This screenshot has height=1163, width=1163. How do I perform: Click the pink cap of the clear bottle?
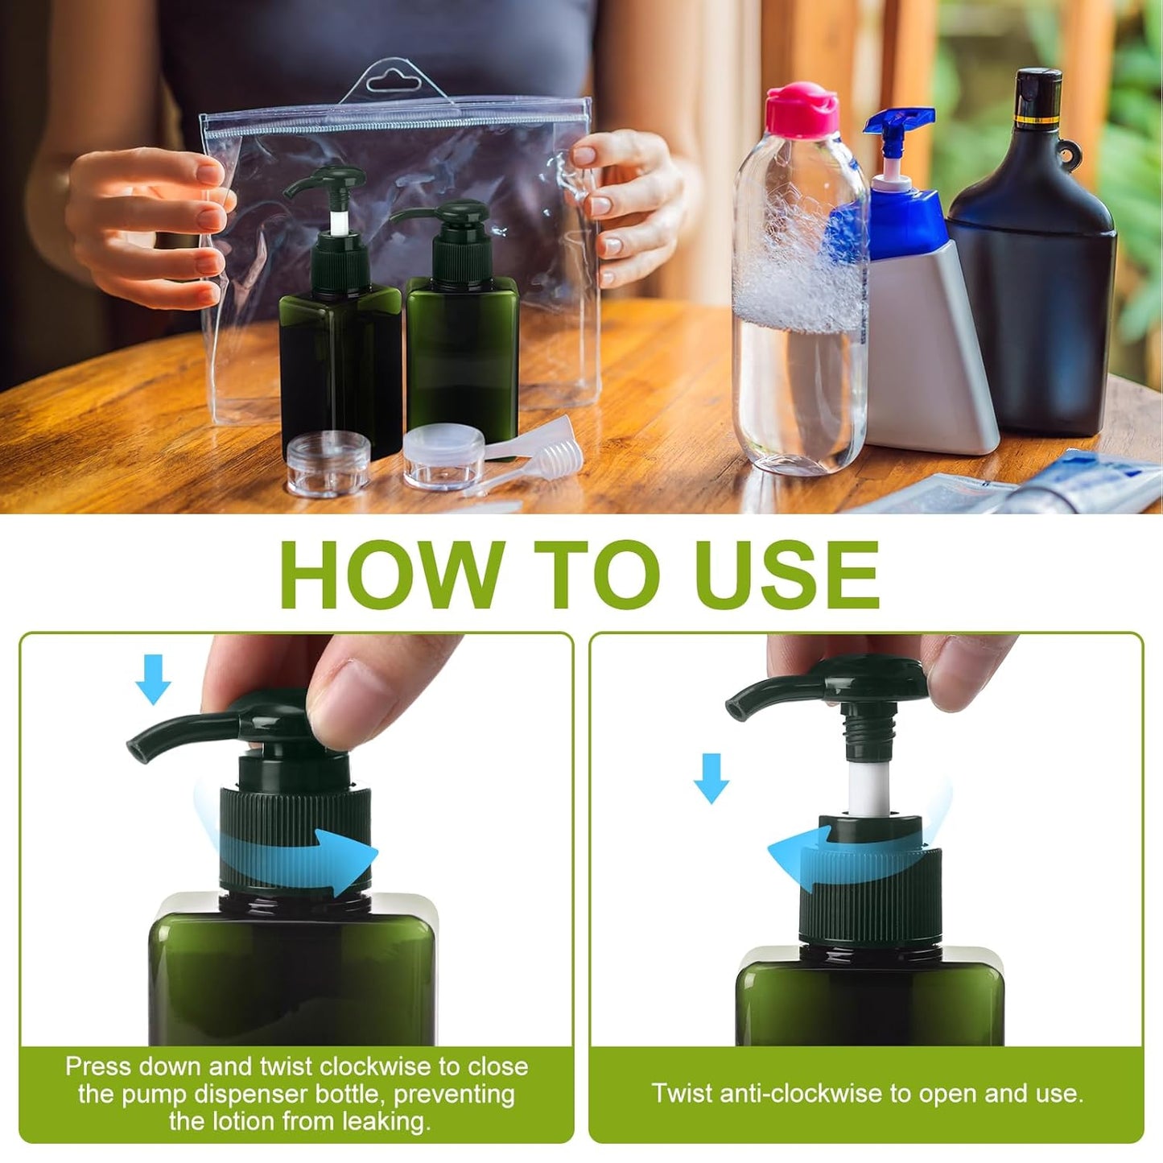801,109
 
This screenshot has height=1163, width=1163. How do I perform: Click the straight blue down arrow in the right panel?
711,777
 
